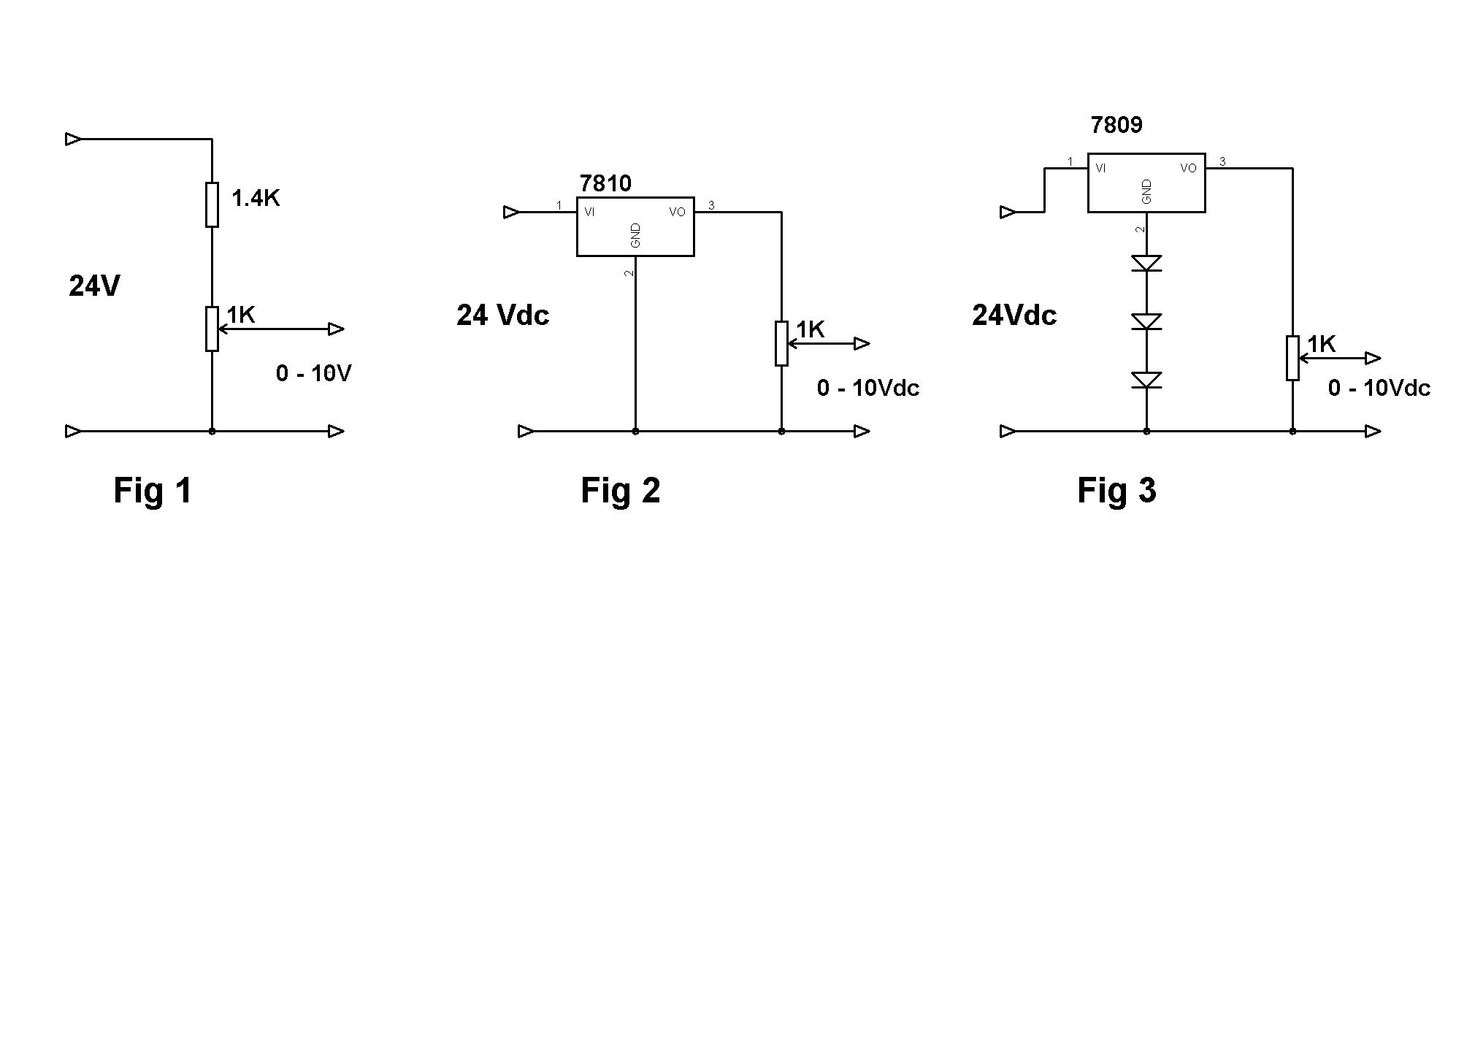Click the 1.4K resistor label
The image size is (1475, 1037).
(256, 198)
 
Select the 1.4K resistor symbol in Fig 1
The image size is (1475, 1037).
(212, 204)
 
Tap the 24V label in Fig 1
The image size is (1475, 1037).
(94, 286)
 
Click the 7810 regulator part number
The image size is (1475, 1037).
(605, 183)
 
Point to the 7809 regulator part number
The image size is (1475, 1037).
(1116, 125)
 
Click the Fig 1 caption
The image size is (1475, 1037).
(153, 489)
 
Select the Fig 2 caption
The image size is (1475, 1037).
(620, 489)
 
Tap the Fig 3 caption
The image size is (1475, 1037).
(1116, 489)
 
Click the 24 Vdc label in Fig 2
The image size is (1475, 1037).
(503, 315)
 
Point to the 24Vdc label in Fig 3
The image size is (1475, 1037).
(1014, 315)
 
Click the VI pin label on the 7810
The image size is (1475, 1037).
(589, 212)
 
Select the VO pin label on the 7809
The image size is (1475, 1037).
(1188, 168)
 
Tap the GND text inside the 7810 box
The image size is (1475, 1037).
(635, 235)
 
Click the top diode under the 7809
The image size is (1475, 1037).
(1146, 263)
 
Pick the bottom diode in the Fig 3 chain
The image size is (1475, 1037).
(1146, 380)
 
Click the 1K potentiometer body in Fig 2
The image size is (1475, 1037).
(781, 343)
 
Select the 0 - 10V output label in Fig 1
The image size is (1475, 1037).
(314, 373)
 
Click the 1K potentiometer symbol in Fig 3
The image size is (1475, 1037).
(1292, 358)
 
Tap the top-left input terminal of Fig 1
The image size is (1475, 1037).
(74, 139)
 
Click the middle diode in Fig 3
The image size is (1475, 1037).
(1146, 321)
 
